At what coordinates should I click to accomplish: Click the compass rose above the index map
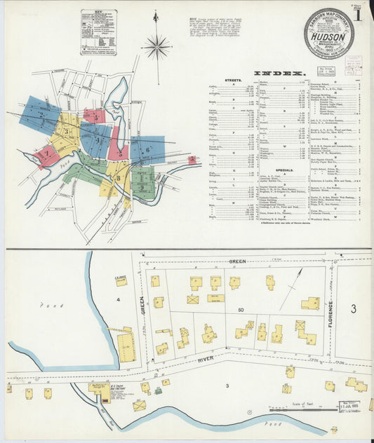tap(156, 48)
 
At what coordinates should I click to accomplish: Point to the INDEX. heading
tap(279, 74)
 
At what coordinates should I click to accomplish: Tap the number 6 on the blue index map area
tap(148, 150)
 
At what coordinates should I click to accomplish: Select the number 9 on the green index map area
tap(143, 188)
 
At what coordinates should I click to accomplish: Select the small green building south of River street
tap(158, 390)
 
